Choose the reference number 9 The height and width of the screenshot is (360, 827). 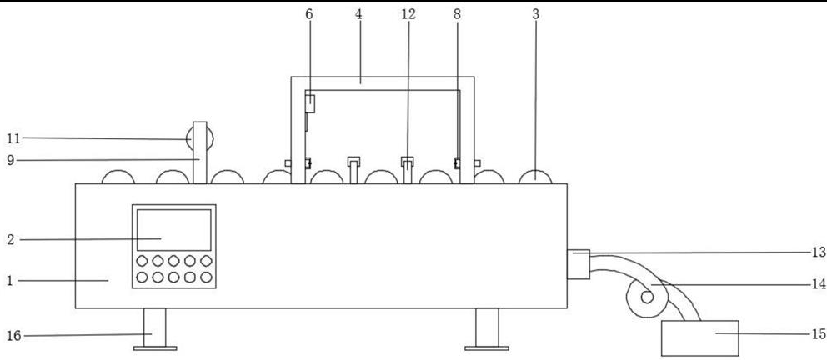(x=10, y=160)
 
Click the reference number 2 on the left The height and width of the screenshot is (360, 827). (x=10, y=240)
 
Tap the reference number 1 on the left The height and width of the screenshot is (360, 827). (x=10, y=281)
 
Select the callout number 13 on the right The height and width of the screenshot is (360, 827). (x=818, y=251)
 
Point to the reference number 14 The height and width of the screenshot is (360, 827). (x=818, y=284)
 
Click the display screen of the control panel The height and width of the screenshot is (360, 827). (x=173, y=230)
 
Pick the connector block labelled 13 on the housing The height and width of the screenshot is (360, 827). (x=578, y=263)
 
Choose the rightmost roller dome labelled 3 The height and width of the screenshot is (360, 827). (x=536, y=176)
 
